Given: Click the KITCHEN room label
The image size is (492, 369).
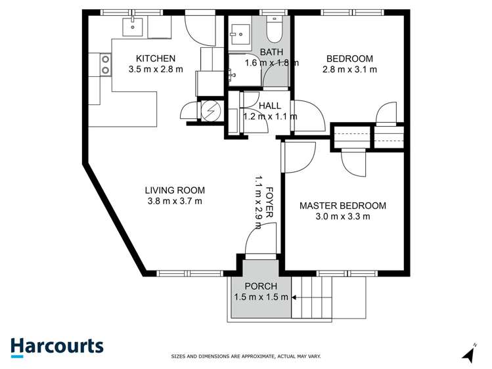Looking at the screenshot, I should [156, 58].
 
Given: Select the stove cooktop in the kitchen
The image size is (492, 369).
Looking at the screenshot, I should [104, 64].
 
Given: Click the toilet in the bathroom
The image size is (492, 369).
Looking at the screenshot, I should [274, 27].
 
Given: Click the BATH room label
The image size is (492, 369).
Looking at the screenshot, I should [271, 52].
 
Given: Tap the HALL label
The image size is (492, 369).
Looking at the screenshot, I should [270, 105].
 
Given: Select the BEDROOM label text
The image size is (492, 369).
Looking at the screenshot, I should [349, 58].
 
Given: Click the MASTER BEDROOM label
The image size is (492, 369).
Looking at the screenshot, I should [342, 206].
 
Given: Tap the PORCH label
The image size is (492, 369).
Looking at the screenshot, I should [261, 286].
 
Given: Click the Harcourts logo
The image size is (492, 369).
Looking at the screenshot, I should [56, 346].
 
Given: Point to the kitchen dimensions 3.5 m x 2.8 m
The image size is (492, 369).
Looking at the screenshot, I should [156, 69].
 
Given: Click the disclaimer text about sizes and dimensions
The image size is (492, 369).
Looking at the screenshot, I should [246, 357].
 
